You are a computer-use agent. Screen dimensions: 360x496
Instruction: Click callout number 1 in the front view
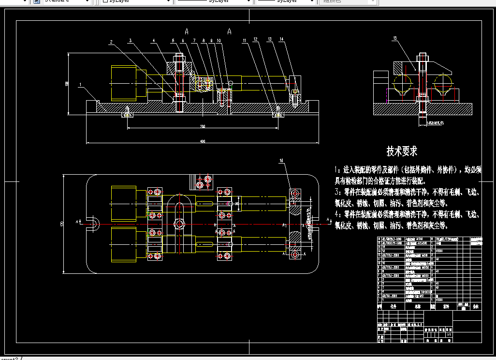click(79, 85)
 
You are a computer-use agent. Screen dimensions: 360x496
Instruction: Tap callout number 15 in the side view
click(395, 38)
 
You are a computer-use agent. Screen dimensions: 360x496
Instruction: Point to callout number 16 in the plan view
click(282, 160)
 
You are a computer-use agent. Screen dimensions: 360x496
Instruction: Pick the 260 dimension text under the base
click(202, 127)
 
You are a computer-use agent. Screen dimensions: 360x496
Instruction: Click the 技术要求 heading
click(402, 151)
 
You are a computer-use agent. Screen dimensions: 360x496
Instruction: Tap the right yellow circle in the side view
click(443, 83)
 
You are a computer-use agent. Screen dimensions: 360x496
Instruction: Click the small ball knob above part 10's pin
click(230, 83)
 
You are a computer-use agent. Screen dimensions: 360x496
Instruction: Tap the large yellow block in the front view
click(124, 83)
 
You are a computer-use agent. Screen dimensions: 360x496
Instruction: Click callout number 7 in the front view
click(194, 41)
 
